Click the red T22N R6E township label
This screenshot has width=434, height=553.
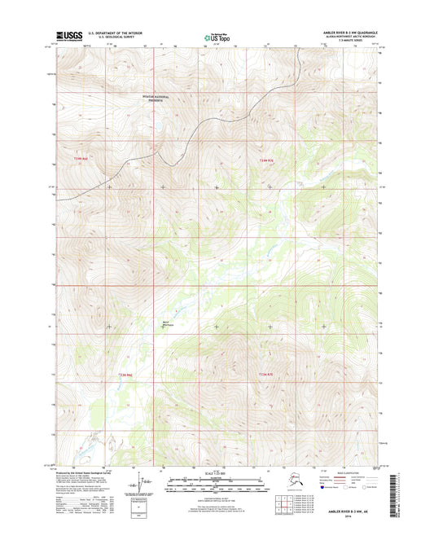pyautogui.click(x=125, y=374)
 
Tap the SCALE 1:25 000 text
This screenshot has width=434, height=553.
pyautogui.click(x=217, y=472)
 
